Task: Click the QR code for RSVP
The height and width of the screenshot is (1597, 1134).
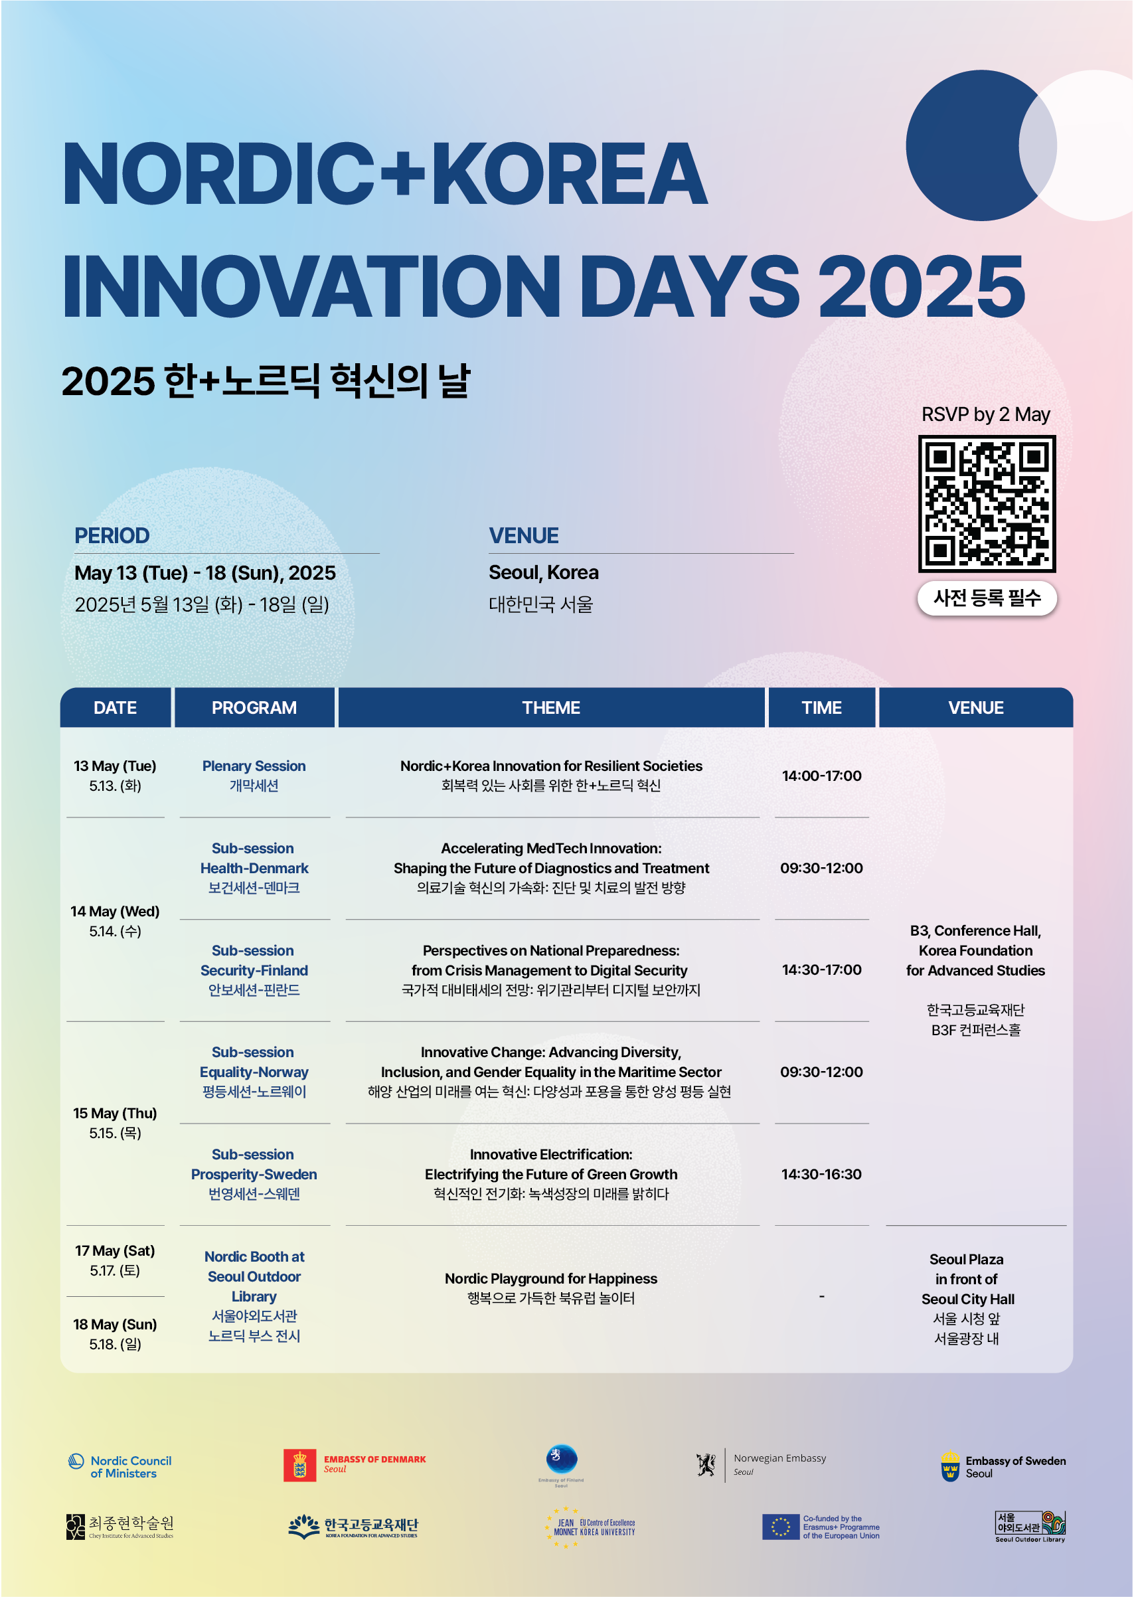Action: tap(986, 503)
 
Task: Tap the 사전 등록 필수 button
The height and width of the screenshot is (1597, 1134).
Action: tap(986, 598)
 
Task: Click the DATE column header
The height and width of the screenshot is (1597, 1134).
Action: tap(116, 707)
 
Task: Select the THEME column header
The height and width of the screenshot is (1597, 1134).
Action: tap(551, 707)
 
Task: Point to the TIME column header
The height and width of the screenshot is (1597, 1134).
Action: tap(821, 707)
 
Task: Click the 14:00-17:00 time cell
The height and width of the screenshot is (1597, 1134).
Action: tap(821, 776)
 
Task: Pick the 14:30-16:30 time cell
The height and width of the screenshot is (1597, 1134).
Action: tap(821, 1174)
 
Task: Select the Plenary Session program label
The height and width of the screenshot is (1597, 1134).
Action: tap(254, 766)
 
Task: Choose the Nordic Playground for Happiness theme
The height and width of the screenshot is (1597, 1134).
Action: tap(551, 1278)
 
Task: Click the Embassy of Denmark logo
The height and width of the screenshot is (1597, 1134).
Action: tap(355, 1465)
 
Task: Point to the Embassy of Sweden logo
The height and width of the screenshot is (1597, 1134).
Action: tap(1003, 1466)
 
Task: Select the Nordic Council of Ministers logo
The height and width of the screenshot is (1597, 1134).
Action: tap(120, 1466)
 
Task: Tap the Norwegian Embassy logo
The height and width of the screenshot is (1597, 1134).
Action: tap(761, 1464)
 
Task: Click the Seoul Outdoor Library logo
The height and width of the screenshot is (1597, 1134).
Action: tap(1030, 1526)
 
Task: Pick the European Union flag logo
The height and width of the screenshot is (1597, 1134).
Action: tap(780, 1527)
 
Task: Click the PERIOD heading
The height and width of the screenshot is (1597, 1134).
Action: tap(112, 536)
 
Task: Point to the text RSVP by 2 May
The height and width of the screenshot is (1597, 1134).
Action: tap(985, 414)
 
